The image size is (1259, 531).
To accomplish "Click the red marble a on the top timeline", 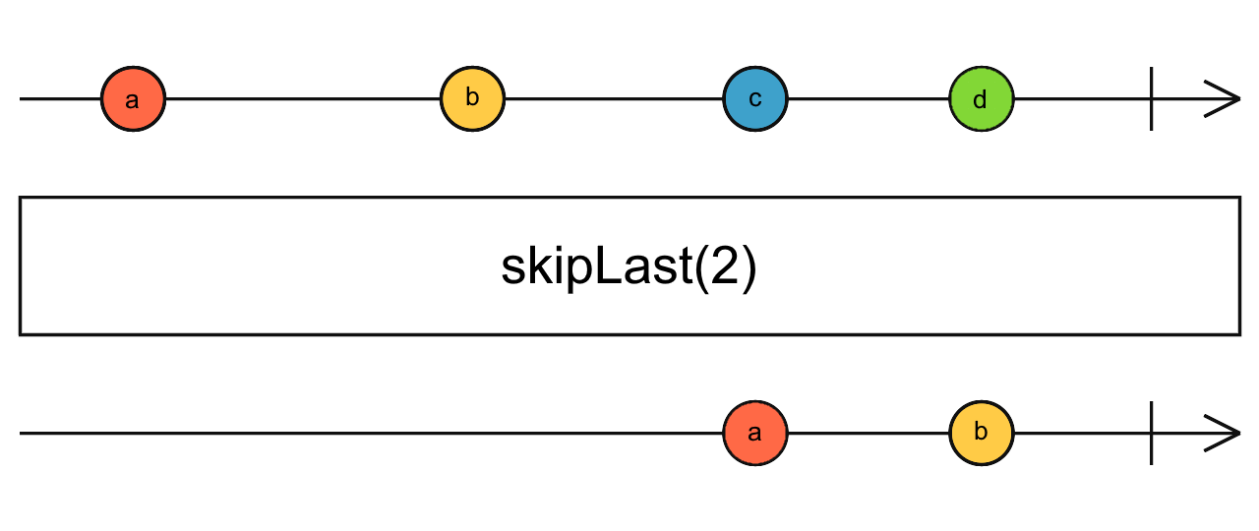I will (x=133, y=99).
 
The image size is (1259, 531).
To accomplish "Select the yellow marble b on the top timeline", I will (x=472, y=99).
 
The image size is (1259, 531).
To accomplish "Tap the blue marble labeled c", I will (x=754, y=99).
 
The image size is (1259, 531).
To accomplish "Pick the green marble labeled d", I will (x=981, y=99).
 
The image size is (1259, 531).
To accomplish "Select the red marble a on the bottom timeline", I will (x=754, y=433).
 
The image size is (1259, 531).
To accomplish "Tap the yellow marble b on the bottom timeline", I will (x=981, y=433).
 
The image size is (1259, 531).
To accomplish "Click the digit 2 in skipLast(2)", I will (x=724, y=267).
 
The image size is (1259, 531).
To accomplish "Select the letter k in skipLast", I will (x=539, y=267).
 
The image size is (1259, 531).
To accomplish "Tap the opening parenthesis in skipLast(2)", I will (x=702, y=268).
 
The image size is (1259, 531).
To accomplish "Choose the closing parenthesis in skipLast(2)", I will (x=749, y=268).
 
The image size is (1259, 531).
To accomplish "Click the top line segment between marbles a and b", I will (x=302, y=99).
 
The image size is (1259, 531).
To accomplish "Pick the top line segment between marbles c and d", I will (x=868, y=99).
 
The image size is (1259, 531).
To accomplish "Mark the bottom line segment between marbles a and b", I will (x=868, y=433).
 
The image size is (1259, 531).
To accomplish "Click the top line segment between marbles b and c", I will (x=613, y=99).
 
